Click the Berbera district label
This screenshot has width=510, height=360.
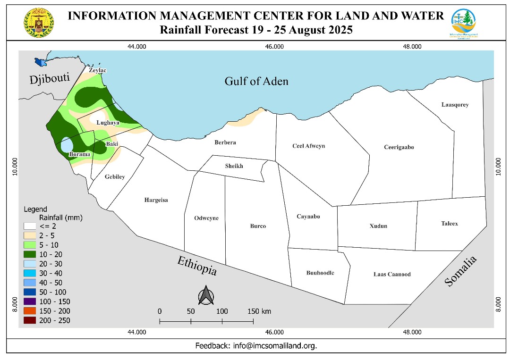point(225,142)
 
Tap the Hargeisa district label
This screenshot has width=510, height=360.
point(156,200)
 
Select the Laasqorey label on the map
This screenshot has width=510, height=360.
point(455,105)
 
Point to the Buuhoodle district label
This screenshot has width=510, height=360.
point(320,273)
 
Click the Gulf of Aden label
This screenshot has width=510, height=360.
point(256,81)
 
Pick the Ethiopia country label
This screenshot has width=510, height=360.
point(197,266)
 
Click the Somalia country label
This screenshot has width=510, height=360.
point(460,271)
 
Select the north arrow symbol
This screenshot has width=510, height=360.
point(206,296)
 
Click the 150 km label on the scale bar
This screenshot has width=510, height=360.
point(259,311)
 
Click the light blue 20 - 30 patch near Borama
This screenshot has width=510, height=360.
point(67,144)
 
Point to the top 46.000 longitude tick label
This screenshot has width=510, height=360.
point(274,46)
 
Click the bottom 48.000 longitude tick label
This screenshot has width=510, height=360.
point(412,332)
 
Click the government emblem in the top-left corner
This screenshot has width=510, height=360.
point(39,23)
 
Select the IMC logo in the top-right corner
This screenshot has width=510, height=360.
point(463,23)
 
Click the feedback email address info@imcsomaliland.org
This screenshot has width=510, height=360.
point(275,345)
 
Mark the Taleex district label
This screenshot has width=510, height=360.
point(450,224)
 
